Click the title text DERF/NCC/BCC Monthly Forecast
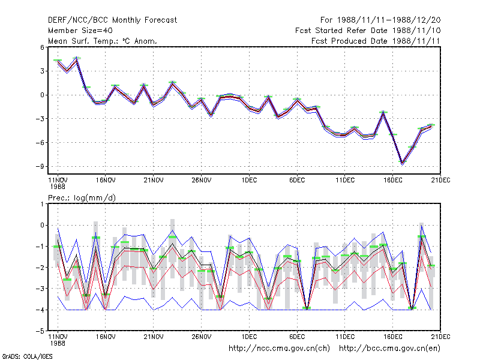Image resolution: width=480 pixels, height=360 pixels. point(112,20)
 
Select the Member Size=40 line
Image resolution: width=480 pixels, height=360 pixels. point(80,31)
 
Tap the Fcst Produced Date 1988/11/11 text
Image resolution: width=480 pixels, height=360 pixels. point(376,41)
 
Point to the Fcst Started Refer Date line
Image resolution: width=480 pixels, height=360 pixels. point(368,31)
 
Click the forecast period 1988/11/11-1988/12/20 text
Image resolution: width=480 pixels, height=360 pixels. point(380,20)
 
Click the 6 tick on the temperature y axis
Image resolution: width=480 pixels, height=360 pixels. point(42,47)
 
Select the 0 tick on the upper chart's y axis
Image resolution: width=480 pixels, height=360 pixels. point(42,95)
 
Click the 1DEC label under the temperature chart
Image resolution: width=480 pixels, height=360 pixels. point(249,181)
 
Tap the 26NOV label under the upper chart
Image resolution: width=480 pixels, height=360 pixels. point(202,181)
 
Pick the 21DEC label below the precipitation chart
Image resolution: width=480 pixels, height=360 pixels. point(440,337)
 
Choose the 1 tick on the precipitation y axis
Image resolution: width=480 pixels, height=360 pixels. point(42,204)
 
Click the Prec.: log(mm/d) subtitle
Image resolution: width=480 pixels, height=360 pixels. point(82,198)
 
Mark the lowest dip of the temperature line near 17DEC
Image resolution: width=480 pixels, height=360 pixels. point(402,163)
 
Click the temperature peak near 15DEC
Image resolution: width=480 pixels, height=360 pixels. point(383,113)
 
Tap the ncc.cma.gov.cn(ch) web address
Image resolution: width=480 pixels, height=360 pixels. point(279,349)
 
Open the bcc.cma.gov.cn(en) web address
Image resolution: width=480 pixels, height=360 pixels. point(389,349)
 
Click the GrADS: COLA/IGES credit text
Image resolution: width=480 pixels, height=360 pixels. point(27,356)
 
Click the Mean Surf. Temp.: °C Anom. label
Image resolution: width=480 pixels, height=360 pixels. point(103,41)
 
